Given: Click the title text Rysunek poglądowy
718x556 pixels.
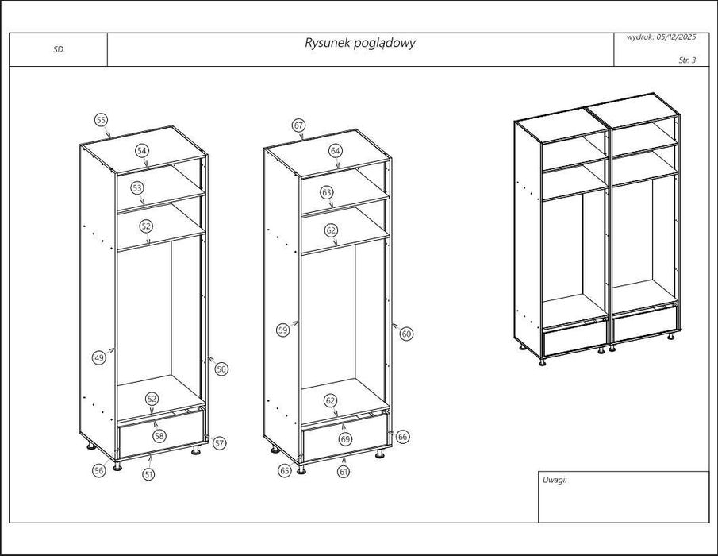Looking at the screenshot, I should click(359, 43).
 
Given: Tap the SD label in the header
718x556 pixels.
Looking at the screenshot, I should click(58, 49).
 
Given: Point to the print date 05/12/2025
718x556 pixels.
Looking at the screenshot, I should click(675, 37).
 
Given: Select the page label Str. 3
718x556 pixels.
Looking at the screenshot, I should click(687, 60).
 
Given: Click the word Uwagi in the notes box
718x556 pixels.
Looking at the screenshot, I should click(555, 480).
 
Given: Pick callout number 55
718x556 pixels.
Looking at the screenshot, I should click(101, 120).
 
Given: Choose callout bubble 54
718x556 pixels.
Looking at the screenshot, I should click(141, 150).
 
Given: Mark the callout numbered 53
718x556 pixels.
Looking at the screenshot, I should click(137, 188).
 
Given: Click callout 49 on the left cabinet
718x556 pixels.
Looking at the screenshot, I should click(99, 357).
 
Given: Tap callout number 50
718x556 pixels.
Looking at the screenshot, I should click(221, 369).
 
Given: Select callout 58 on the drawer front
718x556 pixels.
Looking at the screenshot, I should click(159, 436).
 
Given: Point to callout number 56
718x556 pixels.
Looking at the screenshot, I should click(99, 470).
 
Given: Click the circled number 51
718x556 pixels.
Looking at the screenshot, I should click(148, 474).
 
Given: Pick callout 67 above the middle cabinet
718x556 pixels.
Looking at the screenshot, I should click(298, 125).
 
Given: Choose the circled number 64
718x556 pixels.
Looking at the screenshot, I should click(336, 150).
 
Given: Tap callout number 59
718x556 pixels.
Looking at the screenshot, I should click(282, 331).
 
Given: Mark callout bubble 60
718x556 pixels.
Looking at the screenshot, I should click(406, 334).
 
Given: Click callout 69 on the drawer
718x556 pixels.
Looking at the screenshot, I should click(345, 438).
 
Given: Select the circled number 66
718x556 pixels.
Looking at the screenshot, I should click(403, 437).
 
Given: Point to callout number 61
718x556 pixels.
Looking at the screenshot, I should click(343, 472).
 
